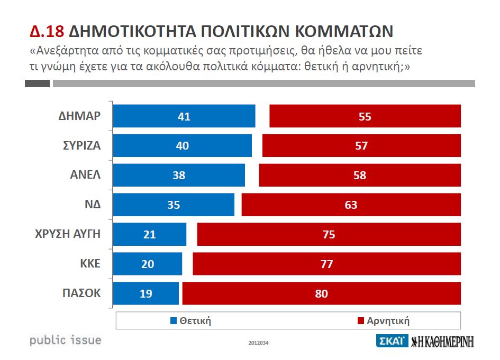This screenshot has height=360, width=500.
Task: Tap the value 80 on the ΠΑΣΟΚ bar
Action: click(x=321, y=293)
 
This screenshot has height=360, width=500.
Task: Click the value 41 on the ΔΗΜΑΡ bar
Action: click(x=184, y=116)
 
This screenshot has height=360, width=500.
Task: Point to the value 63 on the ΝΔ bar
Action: click(x=351, y=205)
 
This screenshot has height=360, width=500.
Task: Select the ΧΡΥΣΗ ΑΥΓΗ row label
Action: click(x=72, y=234)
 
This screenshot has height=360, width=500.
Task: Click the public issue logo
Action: click(x=65, y=339)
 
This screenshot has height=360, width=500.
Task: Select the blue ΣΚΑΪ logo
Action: click(x=391, y=341)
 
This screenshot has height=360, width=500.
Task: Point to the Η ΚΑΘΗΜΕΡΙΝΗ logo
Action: click(x=442, y=341)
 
